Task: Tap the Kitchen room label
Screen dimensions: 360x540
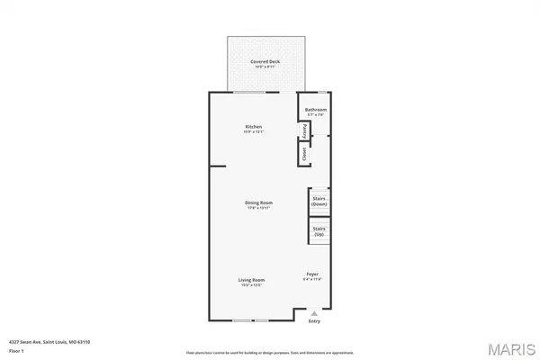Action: pyautogui.click(x=254, y=127)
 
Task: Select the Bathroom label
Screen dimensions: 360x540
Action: pyautogui.click(x=315, y=109)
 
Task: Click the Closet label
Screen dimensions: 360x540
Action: pyautogui.click(x=305, y=153)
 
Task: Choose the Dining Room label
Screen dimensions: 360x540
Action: pyautogui.click(x=258, y=202)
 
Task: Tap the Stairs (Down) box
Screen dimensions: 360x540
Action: pyautogui.click(x=319, y=202)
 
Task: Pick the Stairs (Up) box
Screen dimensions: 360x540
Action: pyautogui.click(x=319, y=231)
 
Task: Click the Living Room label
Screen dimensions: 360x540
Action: pyautogui.click(x=251, y=281)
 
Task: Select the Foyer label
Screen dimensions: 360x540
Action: pyautogui.click(x=312, y=274)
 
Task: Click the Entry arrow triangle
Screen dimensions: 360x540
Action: pyautogui.click(x=314, y=313)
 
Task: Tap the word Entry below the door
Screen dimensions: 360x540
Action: pyautogui.click(x=314, y=321)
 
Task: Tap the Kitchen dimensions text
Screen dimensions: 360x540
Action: pyautogui.click(x=254, y=132)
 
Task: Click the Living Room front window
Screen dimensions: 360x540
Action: pyautogui.click(x=251, y=319)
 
